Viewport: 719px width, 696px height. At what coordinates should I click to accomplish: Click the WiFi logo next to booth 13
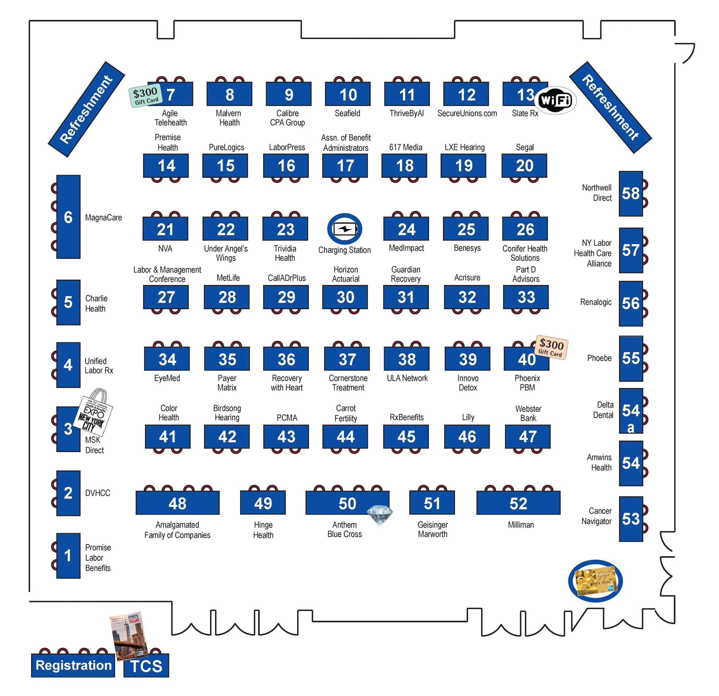[555, 100]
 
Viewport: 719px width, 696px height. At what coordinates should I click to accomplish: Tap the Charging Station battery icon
[345, 229]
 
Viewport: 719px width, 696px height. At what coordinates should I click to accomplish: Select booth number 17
[345, 166]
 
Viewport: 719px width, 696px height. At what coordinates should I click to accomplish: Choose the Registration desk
[73, 665]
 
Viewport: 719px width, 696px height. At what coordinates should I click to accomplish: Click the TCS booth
[146, 666]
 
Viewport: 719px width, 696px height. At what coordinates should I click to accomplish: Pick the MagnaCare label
[104, 217]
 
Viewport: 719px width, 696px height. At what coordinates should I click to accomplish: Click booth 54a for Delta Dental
[631, 411]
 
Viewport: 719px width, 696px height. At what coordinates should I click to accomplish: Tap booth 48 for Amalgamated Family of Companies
[177, 503]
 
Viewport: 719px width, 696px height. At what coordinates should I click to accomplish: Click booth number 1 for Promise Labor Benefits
[68, 555]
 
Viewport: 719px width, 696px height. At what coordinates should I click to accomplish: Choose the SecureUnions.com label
[467, 113]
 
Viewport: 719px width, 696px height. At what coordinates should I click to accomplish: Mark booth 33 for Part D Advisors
[526, 297]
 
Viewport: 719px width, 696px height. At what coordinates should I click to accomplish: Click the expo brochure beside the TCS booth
[129, 636]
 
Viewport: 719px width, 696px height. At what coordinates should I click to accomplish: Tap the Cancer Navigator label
[597, 516]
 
